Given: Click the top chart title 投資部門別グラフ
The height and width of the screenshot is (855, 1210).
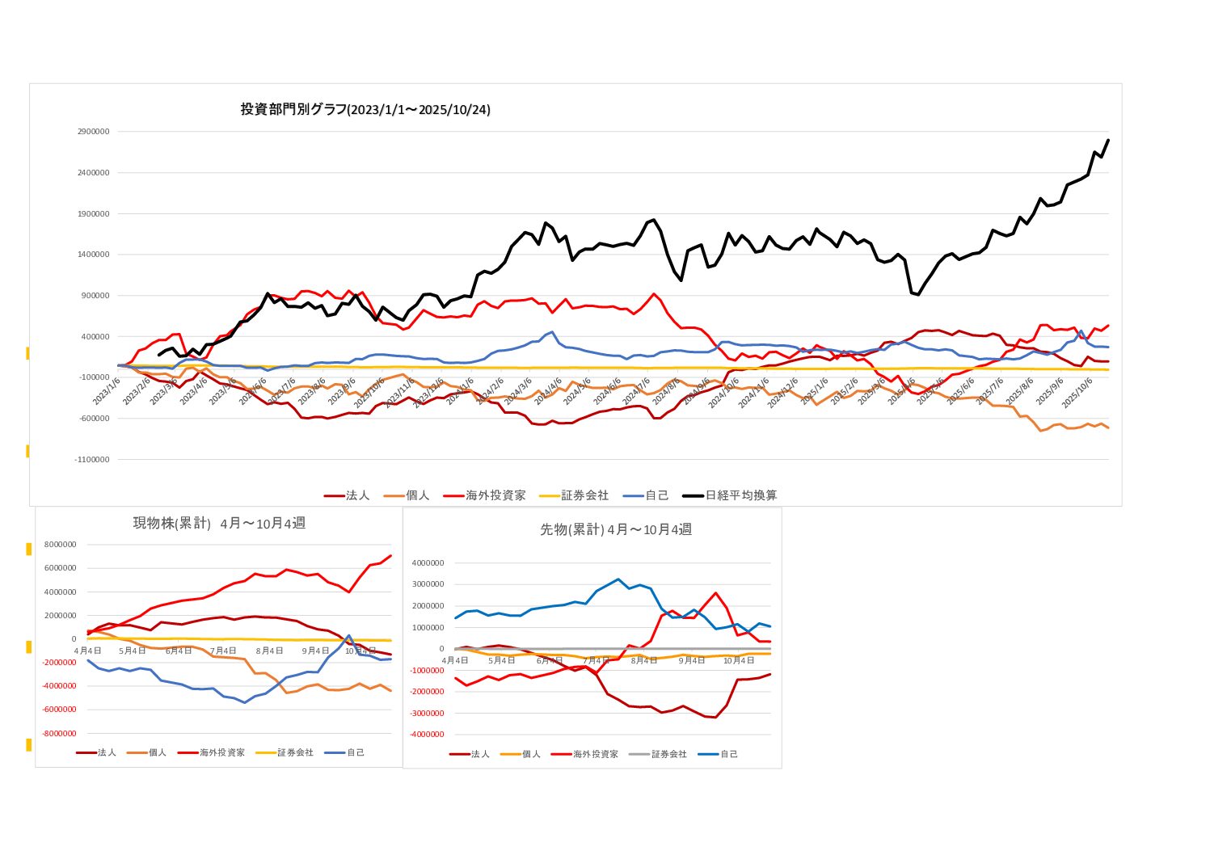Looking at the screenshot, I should (x=365, y=109).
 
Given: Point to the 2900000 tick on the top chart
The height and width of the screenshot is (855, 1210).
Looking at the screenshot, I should (x=92, y=132).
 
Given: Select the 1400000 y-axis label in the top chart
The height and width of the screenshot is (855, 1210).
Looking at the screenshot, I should (x=92, y=255).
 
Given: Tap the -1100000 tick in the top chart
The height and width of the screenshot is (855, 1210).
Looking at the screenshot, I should (x=92, y=460).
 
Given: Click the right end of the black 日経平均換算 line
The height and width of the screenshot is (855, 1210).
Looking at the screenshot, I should (x=1107, y=140).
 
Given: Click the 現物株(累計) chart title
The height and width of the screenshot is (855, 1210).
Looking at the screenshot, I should (x=219, y=524).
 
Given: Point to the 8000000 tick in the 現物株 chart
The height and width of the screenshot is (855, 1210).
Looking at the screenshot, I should (x=61, y=545).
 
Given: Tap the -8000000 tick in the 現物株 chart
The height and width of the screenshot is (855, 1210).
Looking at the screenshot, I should (x=61, y=734).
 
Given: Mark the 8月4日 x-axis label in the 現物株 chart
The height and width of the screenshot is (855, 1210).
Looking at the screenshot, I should (x=269, y=651).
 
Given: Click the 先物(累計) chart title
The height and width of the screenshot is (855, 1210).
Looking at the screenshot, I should (x=616, y=529).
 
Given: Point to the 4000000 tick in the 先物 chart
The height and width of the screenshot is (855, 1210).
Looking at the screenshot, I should (x=428, y=563).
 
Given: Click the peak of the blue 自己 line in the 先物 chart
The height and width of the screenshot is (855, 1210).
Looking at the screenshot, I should (x=618, y=579).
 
